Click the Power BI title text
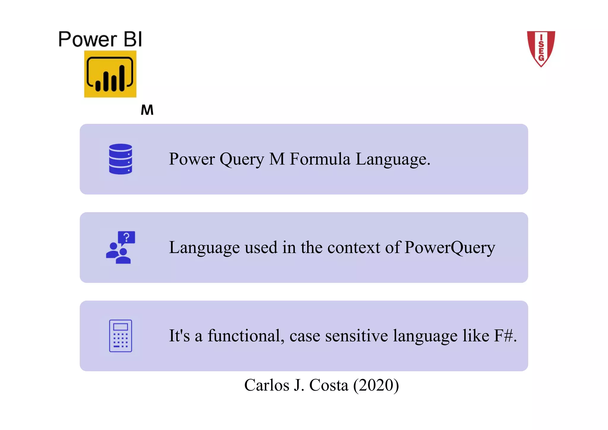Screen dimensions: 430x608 [100, 39]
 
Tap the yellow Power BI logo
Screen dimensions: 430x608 [110, 74]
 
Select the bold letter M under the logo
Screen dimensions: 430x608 [147, 110]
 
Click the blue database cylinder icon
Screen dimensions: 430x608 [121, 159]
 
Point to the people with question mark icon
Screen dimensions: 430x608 [120, 247]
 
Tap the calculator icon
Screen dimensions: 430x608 [121, 336]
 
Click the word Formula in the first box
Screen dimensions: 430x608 [320, 159]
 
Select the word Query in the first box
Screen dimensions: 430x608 [242, 159]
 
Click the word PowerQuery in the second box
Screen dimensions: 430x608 [449, 247]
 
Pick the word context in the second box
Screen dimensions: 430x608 [354, 247]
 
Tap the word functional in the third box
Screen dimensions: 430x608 [244, 336]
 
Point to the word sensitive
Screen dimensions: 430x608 [356, 336]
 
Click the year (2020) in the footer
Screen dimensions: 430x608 [376, 385]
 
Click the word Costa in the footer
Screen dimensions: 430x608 [328, 385]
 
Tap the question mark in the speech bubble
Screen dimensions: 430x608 [127, 237]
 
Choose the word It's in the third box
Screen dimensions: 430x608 [179, 336]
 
